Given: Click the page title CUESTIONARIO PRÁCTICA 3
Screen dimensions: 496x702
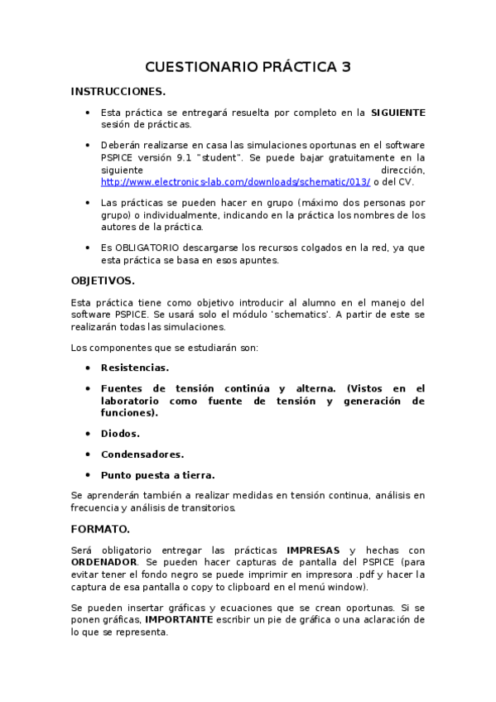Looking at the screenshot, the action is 248,67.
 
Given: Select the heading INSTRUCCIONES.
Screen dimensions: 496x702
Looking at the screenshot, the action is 118,91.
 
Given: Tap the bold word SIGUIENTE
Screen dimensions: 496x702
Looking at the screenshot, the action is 397,112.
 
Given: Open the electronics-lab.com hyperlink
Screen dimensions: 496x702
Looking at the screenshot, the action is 235,182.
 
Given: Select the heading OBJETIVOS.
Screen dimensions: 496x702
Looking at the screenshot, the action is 103,281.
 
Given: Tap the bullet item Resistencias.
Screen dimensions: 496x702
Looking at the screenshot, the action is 134,368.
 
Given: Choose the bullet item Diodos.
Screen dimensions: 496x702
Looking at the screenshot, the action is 120,434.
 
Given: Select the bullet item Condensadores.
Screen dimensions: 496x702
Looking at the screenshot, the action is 142,454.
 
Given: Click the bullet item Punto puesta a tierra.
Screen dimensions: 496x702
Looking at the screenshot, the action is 157,475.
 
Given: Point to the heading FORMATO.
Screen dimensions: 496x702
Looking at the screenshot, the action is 99,528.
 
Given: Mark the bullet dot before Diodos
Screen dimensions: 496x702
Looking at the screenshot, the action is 88,434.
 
